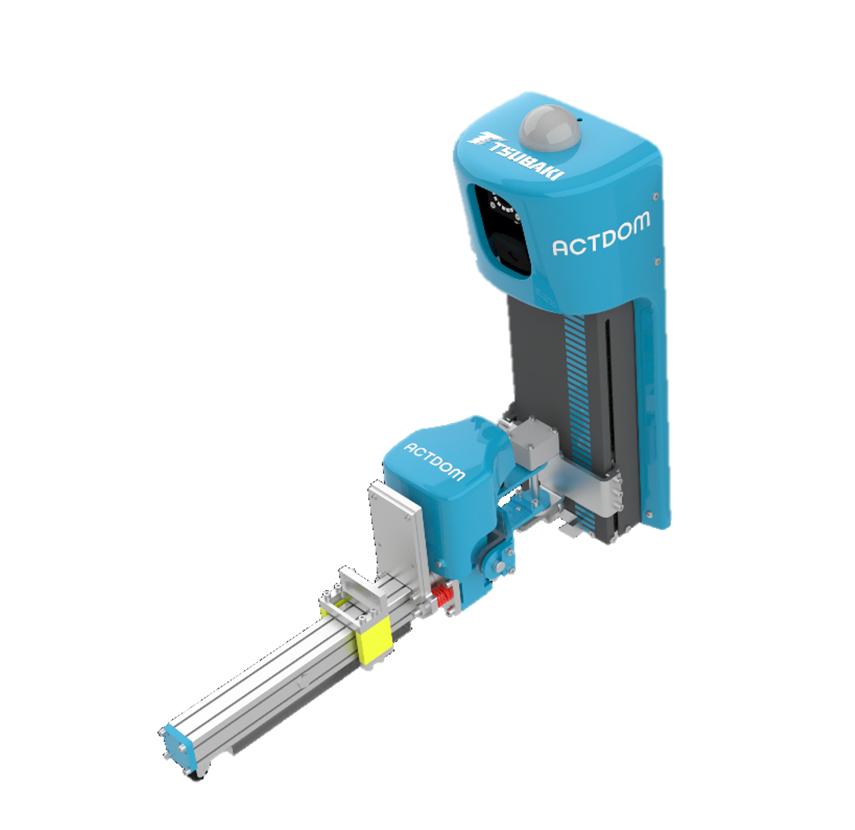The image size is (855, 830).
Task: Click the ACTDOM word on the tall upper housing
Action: click(x=601, y=234)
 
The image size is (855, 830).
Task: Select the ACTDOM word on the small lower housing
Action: click(x=434, y=462)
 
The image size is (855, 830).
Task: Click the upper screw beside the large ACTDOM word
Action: click(x=656, y=197)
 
